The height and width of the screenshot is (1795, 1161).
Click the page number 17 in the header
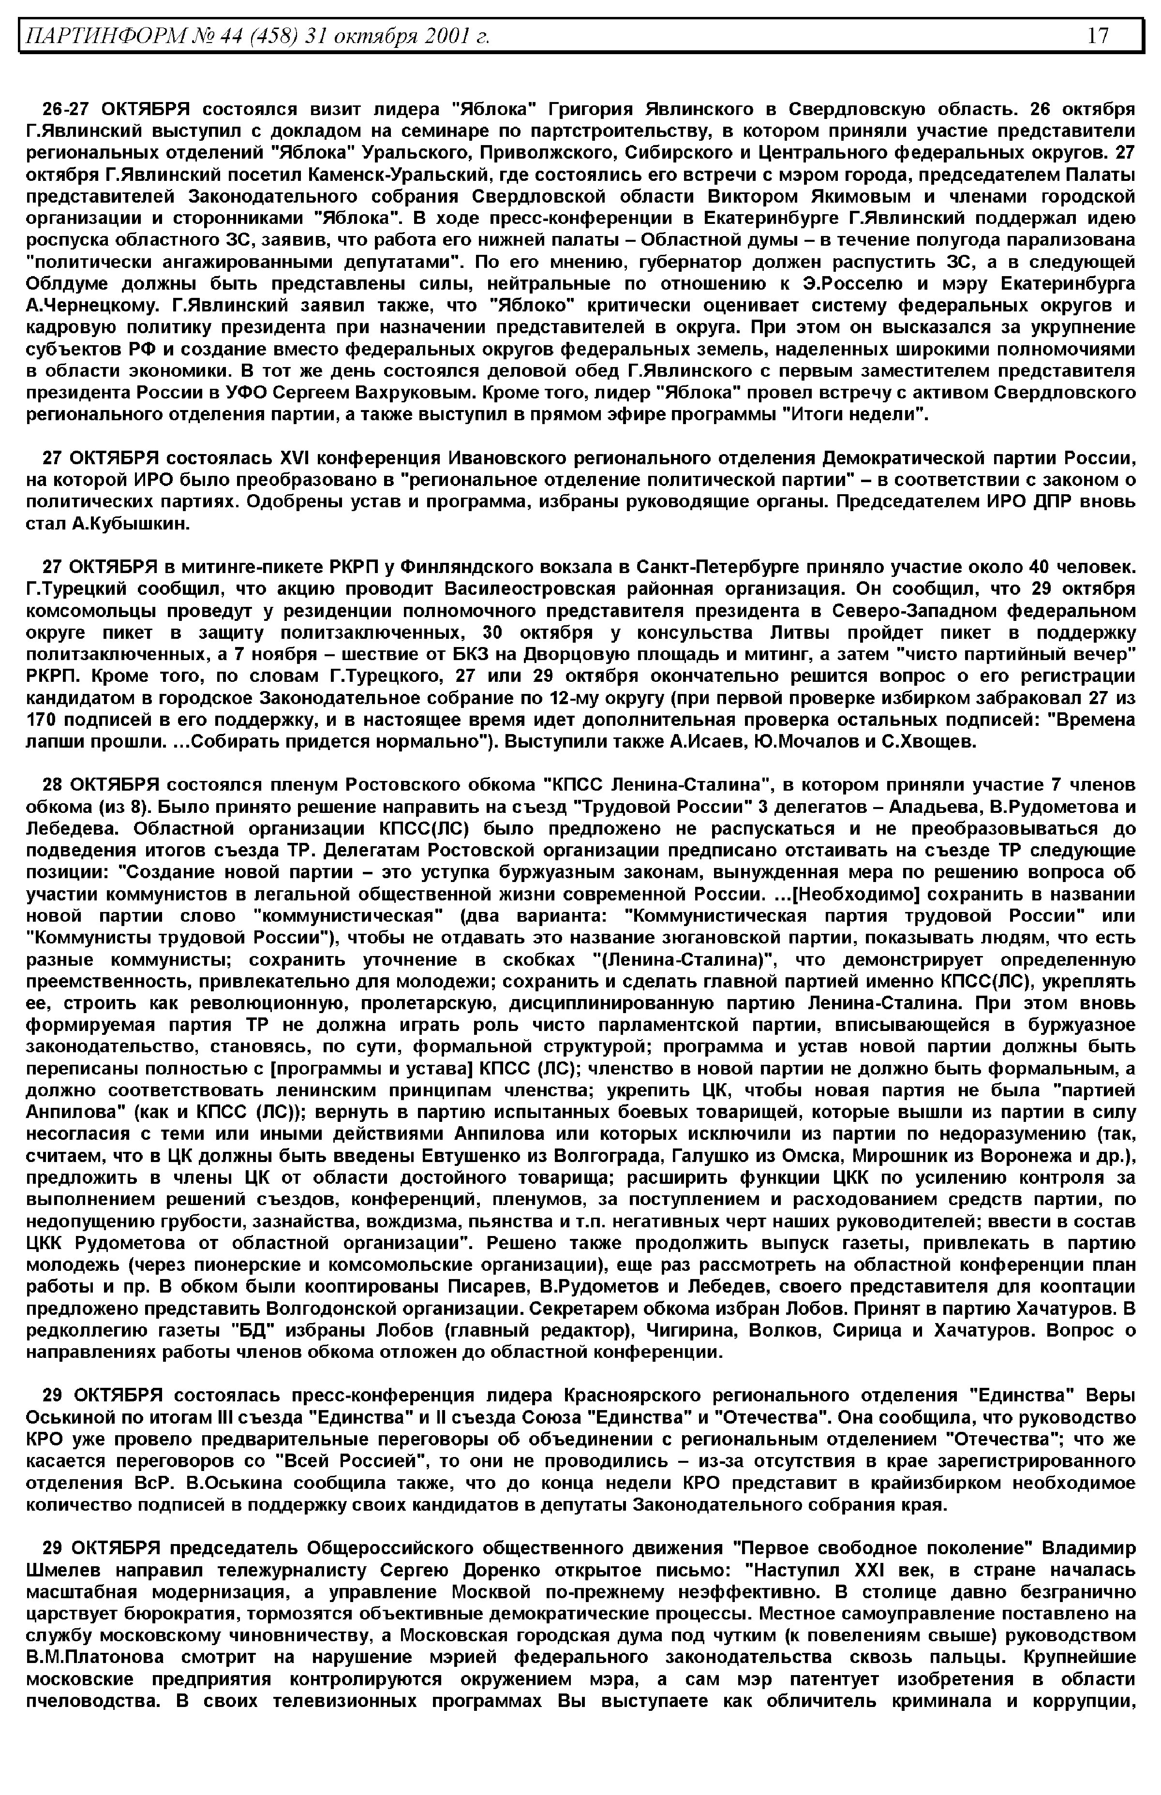tap(1098, 35)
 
